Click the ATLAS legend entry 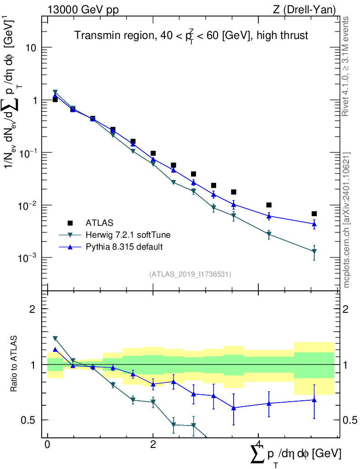(x=98, y=223)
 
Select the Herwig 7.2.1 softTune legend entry (x=128, y=235)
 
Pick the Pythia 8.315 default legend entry (x=124, y=247)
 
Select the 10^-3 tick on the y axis (x=27, y=258)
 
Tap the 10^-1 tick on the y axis (x=27, y=153)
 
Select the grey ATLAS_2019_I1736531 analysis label (x=190, y=274)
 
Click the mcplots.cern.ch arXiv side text (x=347, y=220)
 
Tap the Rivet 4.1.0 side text (x=347, y=66)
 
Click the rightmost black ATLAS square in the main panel (x=314, y=214)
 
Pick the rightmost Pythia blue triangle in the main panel (x=314, y=224)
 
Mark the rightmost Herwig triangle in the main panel (x=314, y=251)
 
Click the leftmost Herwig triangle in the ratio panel (x=55, y=338)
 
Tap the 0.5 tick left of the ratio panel (x=31, y=420)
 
